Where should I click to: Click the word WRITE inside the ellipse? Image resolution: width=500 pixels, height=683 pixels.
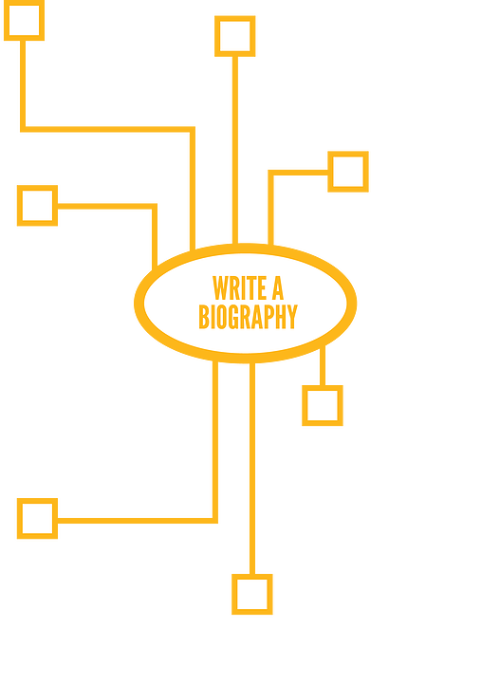click(239, 288)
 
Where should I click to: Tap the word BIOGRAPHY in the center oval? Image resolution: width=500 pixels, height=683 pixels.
click(248, 317)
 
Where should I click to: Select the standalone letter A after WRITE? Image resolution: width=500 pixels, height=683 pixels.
click(278, 288)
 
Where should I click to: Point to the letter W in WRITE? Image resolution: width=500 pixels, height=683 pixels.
click(220, 288)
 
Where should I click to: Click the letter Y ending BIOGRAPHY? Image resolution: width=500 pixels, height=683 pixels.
click(292, 317)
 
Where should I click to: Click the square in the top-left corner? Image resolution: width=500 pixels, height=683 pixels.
click(24, 21)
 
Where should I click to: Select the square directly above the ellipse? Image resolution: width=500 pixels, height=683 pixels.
click(234, 36)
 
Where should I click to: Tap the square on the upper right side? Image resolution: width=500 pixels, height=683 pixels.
click(348, 172)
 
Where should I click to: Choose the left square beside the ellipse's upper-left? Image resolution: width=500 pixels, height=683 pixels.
click(37, 206)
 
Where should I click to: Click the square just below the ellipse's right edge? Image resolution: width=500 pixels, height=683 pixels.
click(323, 406)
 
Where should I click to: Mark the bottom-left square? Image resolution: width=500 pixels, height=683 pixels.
click(37, 518)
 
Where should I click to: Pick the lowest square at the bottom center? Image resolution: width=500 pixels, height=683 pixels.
click(252, 594)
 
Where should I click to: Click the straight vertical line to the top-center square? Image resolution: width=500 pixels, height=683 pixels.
click(235, 150)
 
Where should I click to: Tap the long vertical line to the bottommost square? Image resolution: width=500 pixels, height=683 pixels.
click(252, 469)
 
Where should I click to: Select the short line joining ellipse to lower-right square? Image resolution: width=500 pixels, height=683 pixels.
click(323, 366)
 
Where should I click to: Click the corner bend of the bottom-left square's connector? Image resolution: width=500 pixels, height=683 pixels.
click(215, 521)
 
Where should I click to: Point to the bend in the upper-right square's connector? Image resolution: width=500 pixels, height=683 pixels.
click(270, 173)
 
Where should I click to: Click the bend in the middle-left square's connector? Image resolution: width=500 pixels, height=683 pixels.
click(155, 206)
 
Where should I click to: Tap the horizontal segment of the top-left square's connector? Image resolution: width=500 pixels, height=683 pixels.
click(107, 129)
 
